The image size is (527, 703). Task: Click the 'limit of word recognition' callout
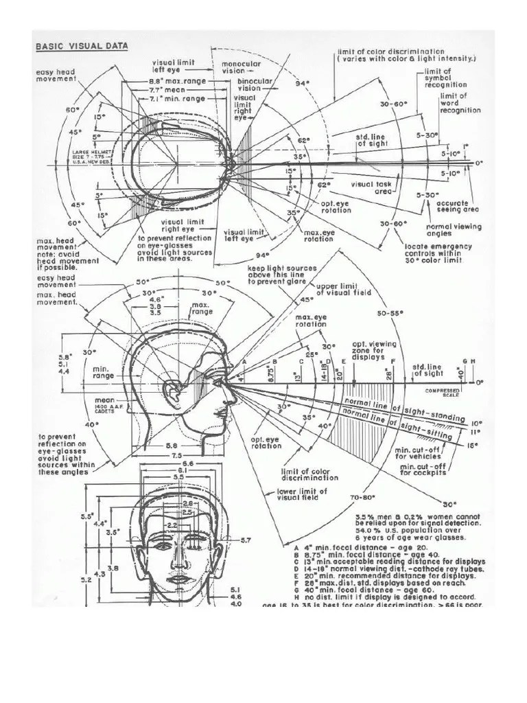pyautogui.click(x=460, y=103)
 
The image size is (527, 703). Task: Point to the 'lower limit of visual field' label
pyautogui.click(x=301, y=496)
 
